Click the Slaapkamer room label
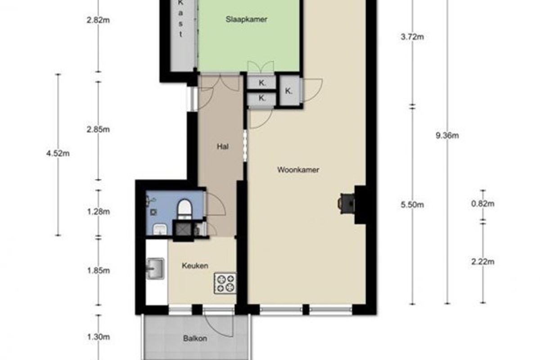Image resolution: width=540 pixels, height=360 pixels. coord(247,19)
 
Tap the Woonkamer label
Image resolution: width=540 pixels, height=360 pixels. coord(298,170)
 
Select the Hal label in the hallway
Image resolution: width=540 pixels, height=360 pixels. coord(222,147)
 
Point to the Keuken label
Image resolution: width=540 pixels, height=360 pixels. coord(195,265)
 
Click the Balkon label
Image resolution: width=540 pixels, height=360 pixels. coord(195,338)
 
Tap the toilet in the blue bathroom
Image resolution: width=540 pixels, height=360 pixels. coord(184,209)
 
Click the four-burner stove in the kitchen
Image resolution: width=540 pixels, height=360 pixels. coord(225,283)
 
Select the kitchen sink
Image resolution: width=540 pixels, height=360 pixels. coord(156,268)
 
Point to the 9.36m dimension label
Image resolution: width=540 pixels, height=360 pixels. coord(447,136)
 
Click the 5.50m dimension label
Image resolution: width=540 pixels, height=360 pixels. coord(412,205)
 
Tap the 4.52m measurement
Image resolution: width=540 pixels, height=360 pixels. coord(58,153)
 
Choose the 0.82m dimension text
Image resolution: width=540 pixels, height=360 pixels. coord(482,204)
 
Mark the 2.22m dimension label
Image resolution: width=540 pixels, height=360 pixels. coord(482,261)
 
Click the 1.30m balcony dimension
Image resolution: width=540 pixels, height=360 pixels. coord(99,337)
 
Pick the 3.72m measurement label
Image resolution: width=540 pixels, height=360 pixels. coord(412,37)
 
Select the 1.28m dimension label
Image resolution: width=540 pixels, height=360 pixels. coord(99,211)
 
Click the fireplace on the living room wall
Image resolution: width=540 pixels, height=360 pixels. coord(347,204)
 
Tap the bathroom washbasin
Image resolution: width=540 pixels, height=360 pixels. coord(160,229)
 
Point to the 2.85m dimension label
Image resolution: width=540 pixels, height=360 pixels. coord(99,130)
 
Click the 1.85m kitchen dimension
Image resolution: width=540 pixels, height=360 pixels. coord(99,270)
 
